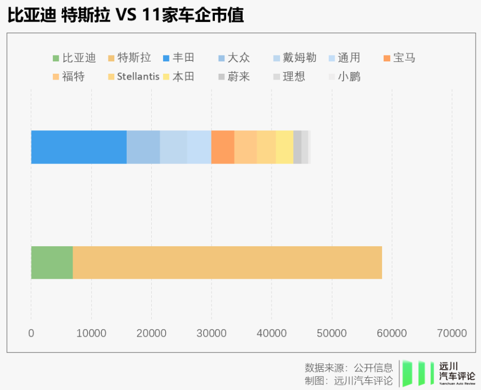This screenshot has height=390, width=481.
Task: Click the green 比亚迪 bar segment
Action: click(x=52, y=262)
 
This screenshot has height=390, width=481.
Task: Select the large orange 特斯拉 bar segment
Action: click(x=227, y=262)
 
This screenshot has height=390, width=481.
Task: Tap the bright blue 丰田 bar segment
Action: click(x=79, y=147)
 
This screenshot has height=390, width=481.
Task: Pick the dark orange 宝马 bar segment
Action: click(x=222, y=147)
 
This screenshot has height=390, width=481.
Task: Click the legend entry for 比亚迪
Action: click(x=74, y=58)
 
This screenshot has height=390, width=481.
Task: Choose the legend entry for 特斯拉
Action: click(x=129, y=58)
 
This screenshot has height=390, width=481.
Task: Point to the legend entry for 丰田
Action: click(x=179, y=58)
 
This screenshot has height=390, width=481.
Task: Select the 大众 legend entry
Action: click(x=234, y=58)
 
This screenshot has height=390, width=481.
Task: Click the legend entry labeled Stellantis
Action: click(x=133, y=76)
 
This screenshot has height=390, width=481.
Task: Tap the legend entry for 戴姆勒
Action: click(x=294, y=58)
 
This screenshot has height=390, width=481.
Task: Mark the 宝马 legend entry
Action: click(x=399, y=58)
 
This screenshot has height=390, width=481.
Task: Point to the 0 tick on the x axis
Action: click(x=31, y=333)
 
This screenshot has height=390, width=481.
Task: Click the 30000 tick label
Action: click(x=211, y=333)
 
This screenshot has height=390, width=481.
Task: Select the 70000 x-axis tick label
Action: click(x=452, y=333)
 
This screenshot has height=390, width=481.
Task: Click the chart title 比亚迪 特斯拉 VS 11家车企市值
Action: click(x=126, y=15)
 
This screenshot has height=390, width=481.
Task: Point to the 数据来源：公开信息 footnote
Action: click(x=348, y=368)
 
